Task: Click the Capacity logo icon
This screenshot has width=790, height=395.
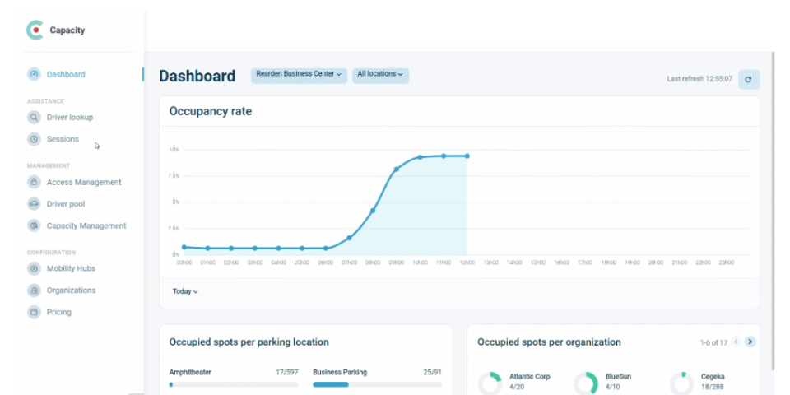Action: (35, 30)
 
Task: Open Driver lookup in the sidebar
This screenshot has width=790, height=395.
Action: (69, 117)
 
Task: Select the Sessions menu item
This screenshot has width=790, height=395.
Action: (63, 139)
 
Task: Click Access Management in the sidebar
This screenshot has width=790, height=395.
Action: (83, 182)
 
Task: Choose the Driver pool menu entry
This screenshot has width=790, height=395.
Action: (65, 204)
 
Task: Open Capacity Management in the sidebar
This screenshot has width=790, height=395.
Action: (86, 225)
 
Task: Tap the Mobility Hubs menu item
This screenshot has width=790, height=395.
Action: (70, 268)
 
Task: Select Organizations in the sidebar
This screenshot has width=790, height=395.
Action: (71, 290)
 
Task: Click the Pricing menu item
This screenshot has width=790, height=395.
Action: (58, 312)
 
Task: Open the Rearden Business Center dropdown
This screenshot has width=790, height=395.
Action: (299, 75)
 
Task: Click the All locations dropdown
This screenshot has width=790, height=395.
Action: (380, 75)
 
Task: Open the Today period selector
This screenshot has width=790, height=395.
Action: (185, 291)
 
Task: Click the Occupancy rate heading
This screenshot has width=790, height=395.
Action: (210, 111)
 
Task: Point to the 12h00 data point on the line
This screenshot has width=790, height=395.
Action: (467, 156)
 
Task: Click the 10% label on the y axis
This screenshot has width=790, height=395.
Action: (174, 150)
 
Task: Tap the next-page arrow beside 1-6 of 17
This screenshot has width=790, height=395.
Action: (750, 342)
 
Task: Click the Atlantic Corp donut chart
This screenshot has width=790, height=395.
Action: (490, 383)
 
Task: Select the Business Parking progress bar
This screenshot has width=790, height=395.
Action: (377, 384)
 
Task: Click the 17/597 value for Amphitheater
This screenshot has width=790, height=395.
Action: (286, 372)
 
